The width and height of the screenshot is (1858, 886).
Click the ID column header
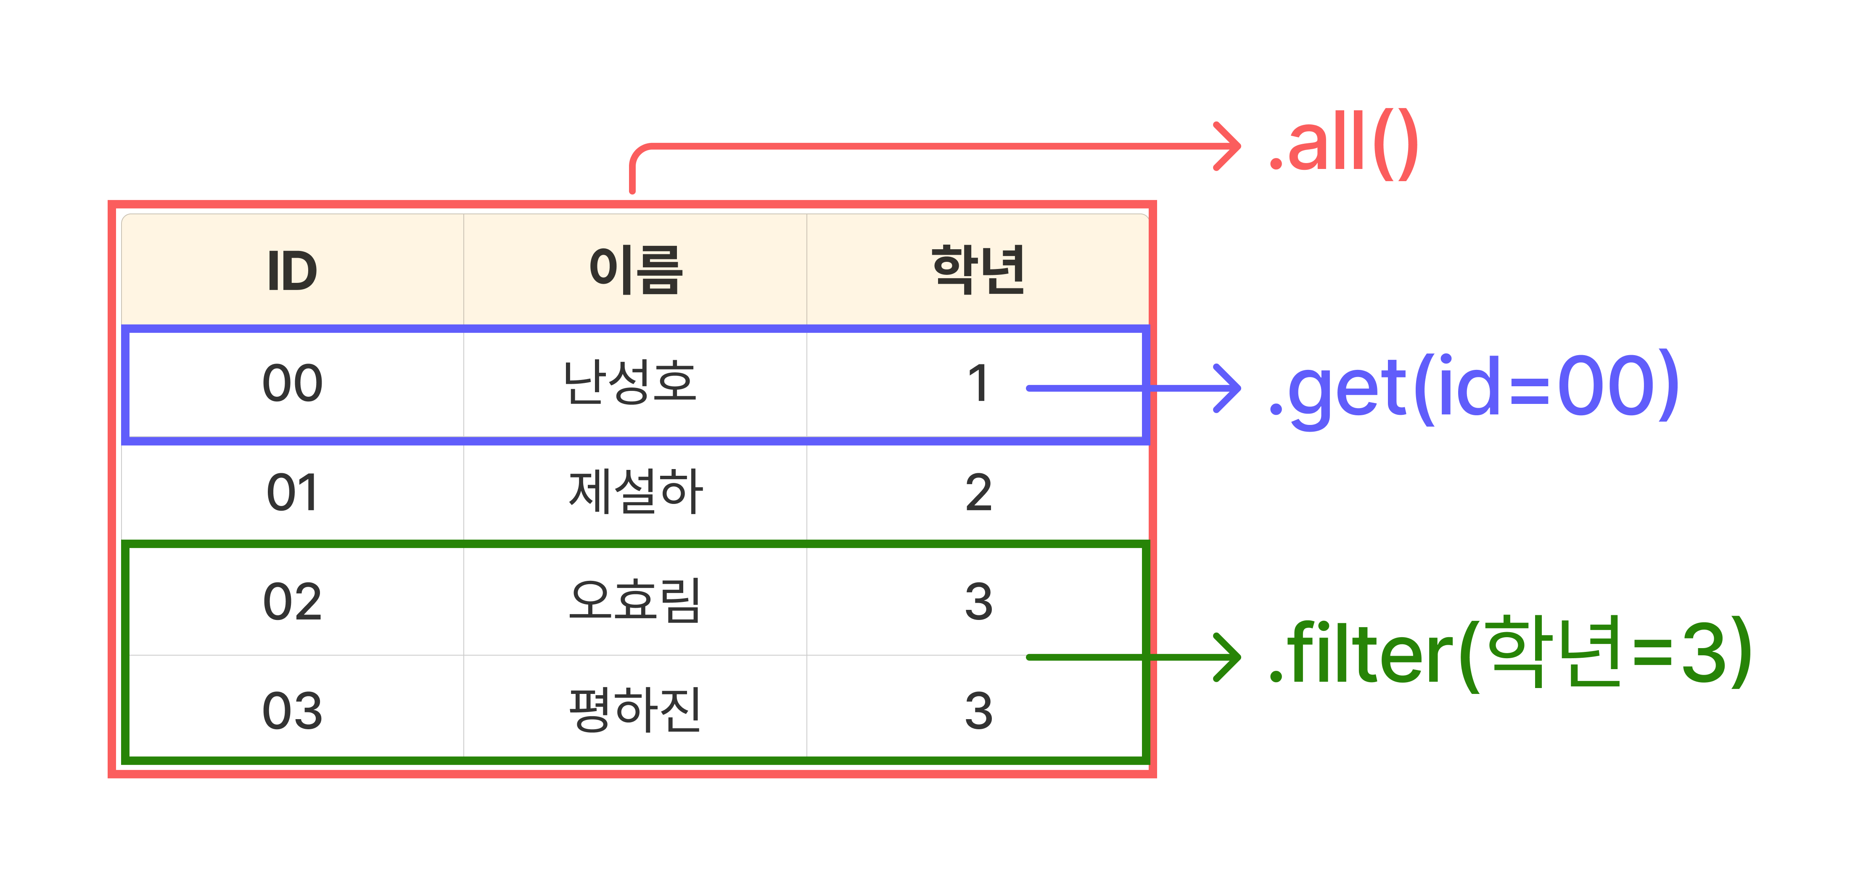(x=292, y=271)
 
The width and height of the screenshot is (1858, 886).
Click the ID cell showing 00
(x=292, y=383)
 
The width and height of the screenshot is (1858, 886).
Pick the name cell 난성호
(x=630, y=382)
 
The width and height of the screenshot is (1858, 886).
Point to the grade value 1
(x=978, y=383)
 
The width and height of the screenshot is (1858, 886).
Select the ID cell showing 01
(x=292, y=493)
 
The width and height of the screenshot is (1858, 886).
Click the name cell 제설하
(x=635, y=492)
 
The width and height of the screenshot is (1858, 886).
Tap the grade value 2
(x=978, y=493)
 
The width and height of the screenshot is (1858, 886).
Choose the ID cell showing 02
(x=292, y=602)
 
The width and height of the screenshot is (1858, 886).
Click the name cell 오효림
(x=635, y=601)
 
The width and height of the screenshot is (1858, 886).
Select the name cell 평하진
(x=635, y=710)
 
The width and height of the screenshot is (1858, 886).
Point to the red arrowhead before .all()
(x=1228, y=146)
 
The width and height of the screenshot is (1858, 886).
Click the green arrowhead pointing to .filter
(x=1228, y=657)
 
